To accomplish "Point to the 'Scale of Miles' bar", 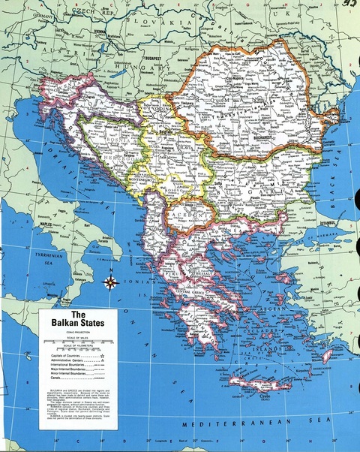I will click(x=78, y=339).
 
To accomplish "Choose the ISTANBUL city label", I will click(x=331, y=224).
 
